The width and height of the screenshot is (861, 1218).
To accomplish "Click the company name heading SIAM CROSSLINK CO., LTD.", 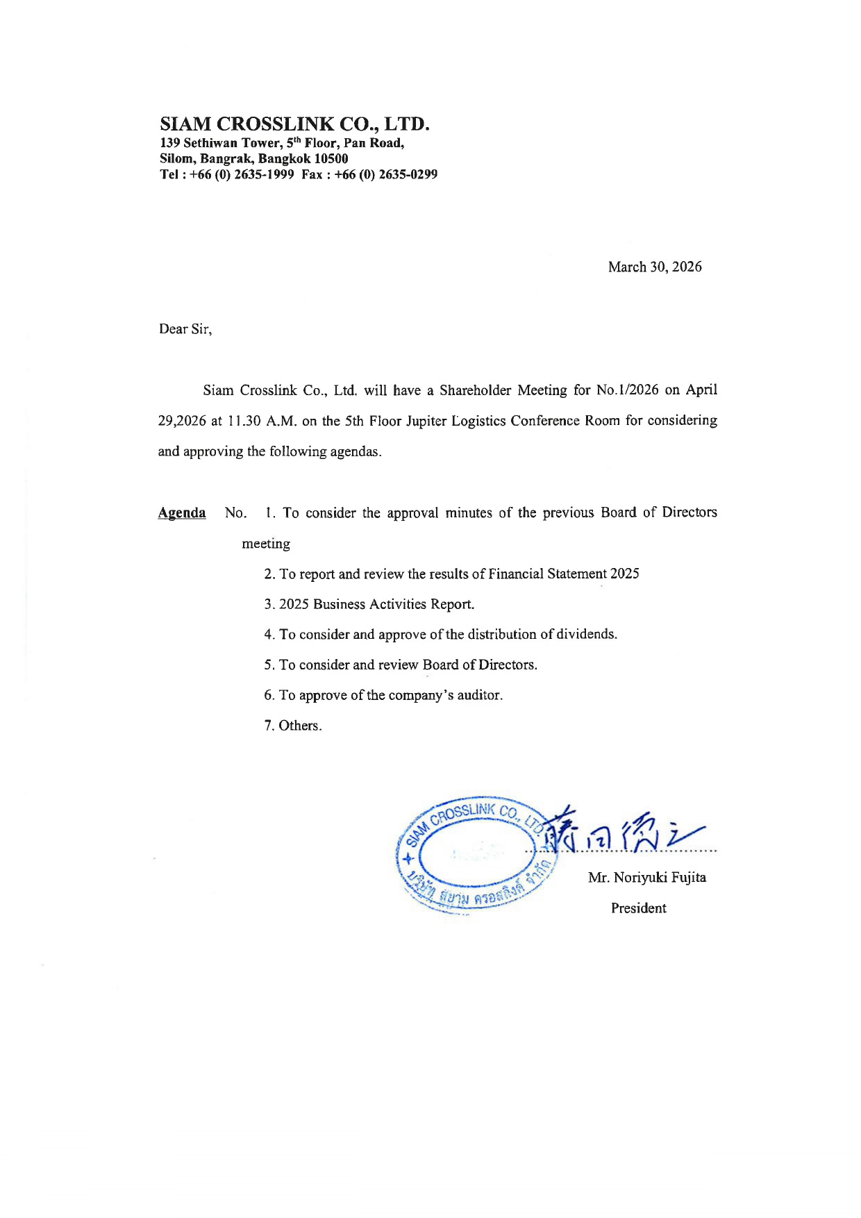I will click(x=294, y=124).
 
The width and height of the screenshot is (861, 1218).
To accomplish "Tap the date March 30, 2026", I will click(x=654, y=267).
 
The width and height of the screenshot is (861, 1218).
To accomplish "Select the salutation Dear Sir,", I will click(x=185, y=329).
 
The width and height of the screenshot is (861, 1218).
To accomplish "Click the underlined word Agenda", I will click(x=182, y=513).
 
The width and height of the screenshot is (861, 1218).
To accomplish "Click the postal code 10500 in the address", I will click(x=331, y=159).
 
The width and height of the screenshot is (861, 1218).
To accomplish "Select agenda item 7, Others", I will click(x=292, y=726).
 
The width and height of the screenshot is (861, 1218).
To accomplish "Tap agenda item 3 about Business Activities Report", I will click(x=369, y=604).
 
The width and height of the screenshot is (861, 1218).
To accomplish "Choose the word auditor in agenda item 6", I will click(x=479, y=695).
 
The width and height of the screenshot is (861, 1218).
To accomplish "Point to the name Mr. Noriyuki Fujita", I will click(x=646, y=878).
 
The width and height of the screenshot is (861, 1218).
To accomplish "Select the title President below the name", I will click(x=638, y=908).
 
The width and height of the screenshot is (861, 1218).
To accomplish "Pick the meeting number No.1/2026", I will click(x=627, y=390).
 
